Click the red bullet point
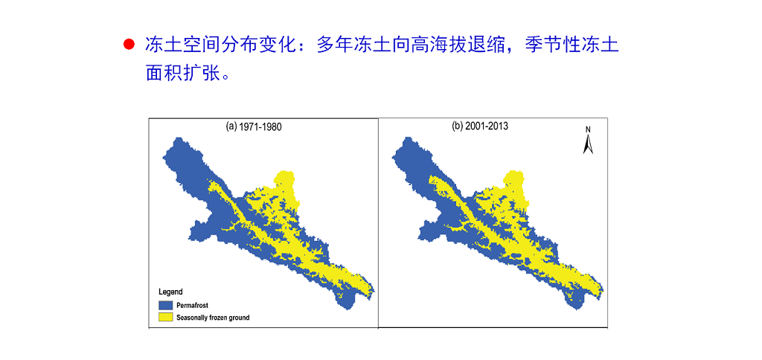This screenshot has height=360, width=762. (129, 45)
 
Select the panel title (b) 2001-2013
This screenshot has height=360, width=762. (480, 126)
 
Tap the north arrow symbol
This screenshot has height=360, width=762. (588, 144)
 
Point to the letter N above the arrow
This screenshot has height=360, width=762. (588, 129)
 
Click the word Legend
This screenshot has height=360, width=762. (170, 292)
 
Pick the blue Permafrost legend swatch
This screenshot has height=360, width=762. (166, 305)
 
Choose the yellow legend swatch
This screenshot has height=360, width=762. (166, 318)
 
